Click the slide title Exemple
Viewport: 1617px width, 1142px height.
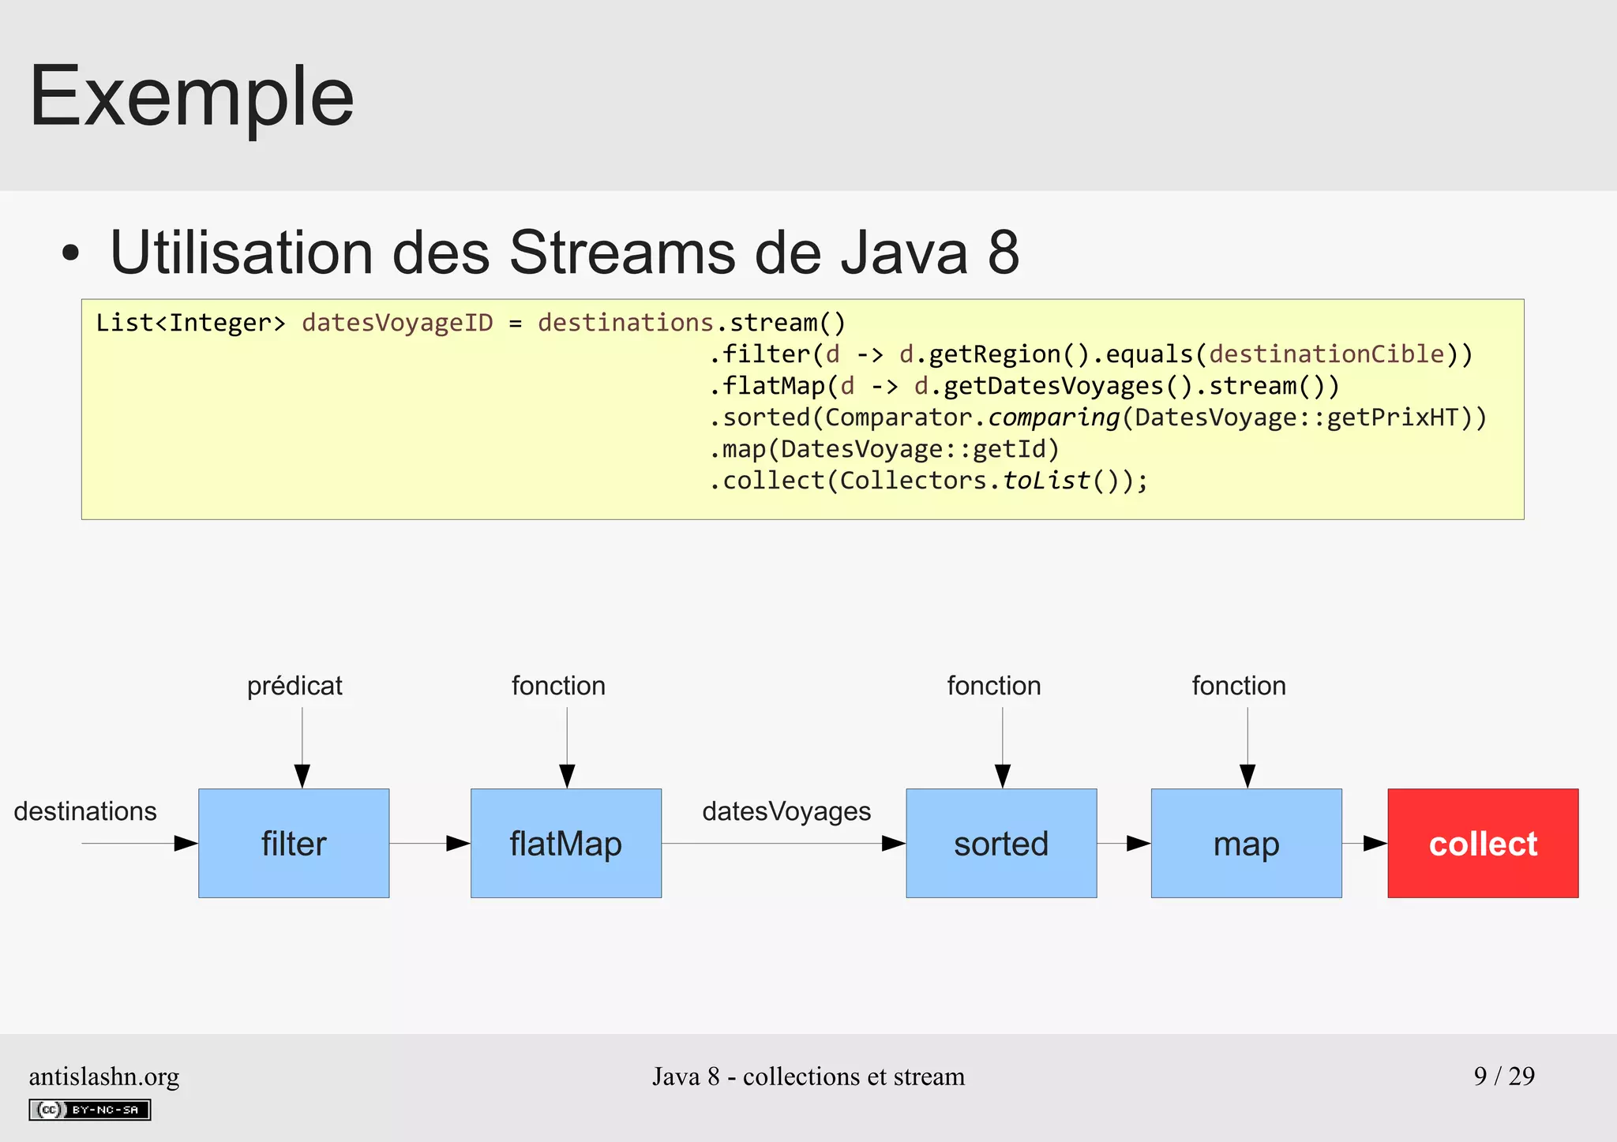(x=192, y=96)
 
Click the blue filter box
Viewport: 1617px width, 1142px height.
(x=294, y=843)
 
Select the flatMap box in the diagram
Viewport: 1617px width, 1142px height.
(x=566, y=843)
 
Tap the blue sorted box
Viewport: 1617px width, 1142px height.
(x=1001, y=843)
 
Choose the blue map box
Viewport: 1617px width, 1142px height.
(x=1246, y=843)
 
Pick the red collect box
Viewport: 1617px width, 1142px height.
(x=1483, y=843)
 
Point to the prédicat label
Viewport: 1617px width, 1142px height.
(x=295, y=685)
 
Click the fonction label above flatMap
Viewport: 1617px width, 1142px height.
(x=558, y=685)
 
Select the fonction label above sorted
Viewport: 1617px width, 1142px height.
(x=994, y=685)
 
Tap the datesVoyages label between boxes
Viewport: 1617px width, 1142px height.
(x=786, y=811)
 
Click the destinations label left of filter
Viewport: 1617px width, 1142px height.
(x=85, y=811)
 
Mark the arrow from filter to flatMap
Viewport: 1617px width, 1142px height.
(x=430, y=843)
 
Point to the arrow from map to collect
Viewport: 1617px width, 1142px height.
(x=1365, y=843)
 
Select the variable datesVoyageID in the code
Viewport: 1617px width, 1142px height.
(x=397, y=323)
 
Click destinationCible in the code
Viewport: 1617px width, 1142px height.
(x=1326, y=354)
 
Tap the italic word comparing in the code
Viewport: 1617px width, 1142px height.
(x=1054, y=417)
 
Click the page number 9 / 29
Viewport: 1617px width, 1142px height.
(x=1504, y=1076)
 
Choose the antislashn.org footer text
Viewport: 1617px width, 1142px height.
(x=104, y=1076)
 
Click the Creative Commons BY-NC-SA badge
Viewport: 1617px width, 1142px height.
(x=90, y=1110)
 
